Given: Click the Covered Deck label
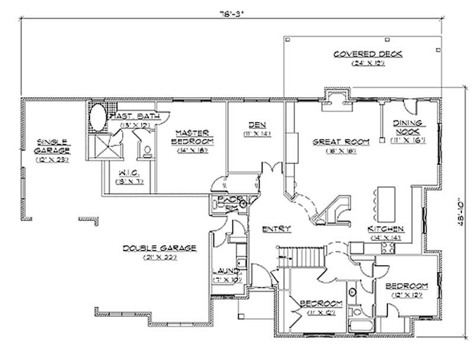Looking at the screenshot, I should (x=367, y=54).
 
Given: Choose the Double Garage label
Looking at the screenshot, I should (x=159, y=247).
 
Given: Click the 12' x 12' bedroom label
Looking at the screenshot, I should (x=406, y=289).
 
